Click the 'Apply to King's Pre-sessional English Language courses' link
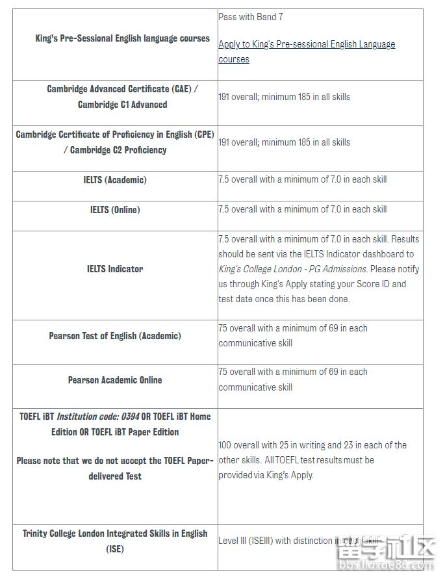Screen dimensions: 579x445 307,51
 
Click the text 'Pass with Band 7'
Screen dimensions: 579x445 251,17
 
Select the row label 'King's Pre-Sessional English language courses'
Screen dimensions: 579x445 122,38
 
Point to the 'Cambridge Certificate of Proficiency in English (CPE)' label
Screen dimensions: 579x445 115,135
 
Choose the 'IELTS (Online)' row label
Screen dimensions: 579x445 115,210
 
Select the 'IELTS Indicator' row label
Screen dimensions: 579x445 115,269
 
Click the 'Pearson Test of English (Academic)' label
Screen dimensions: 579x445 115,336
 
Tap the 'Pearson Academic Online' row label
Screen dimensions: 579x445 115,380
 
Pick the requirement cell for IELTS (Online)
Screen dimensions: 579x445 303,209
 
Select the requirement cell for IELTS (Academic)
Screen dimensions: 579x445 303,179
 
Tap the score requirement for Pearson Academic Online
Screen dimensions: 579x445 293,380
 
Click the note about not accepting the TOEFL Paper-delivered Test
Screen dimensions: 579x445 115,468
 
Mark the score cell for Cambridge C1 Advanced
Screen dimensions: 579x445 285,97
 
